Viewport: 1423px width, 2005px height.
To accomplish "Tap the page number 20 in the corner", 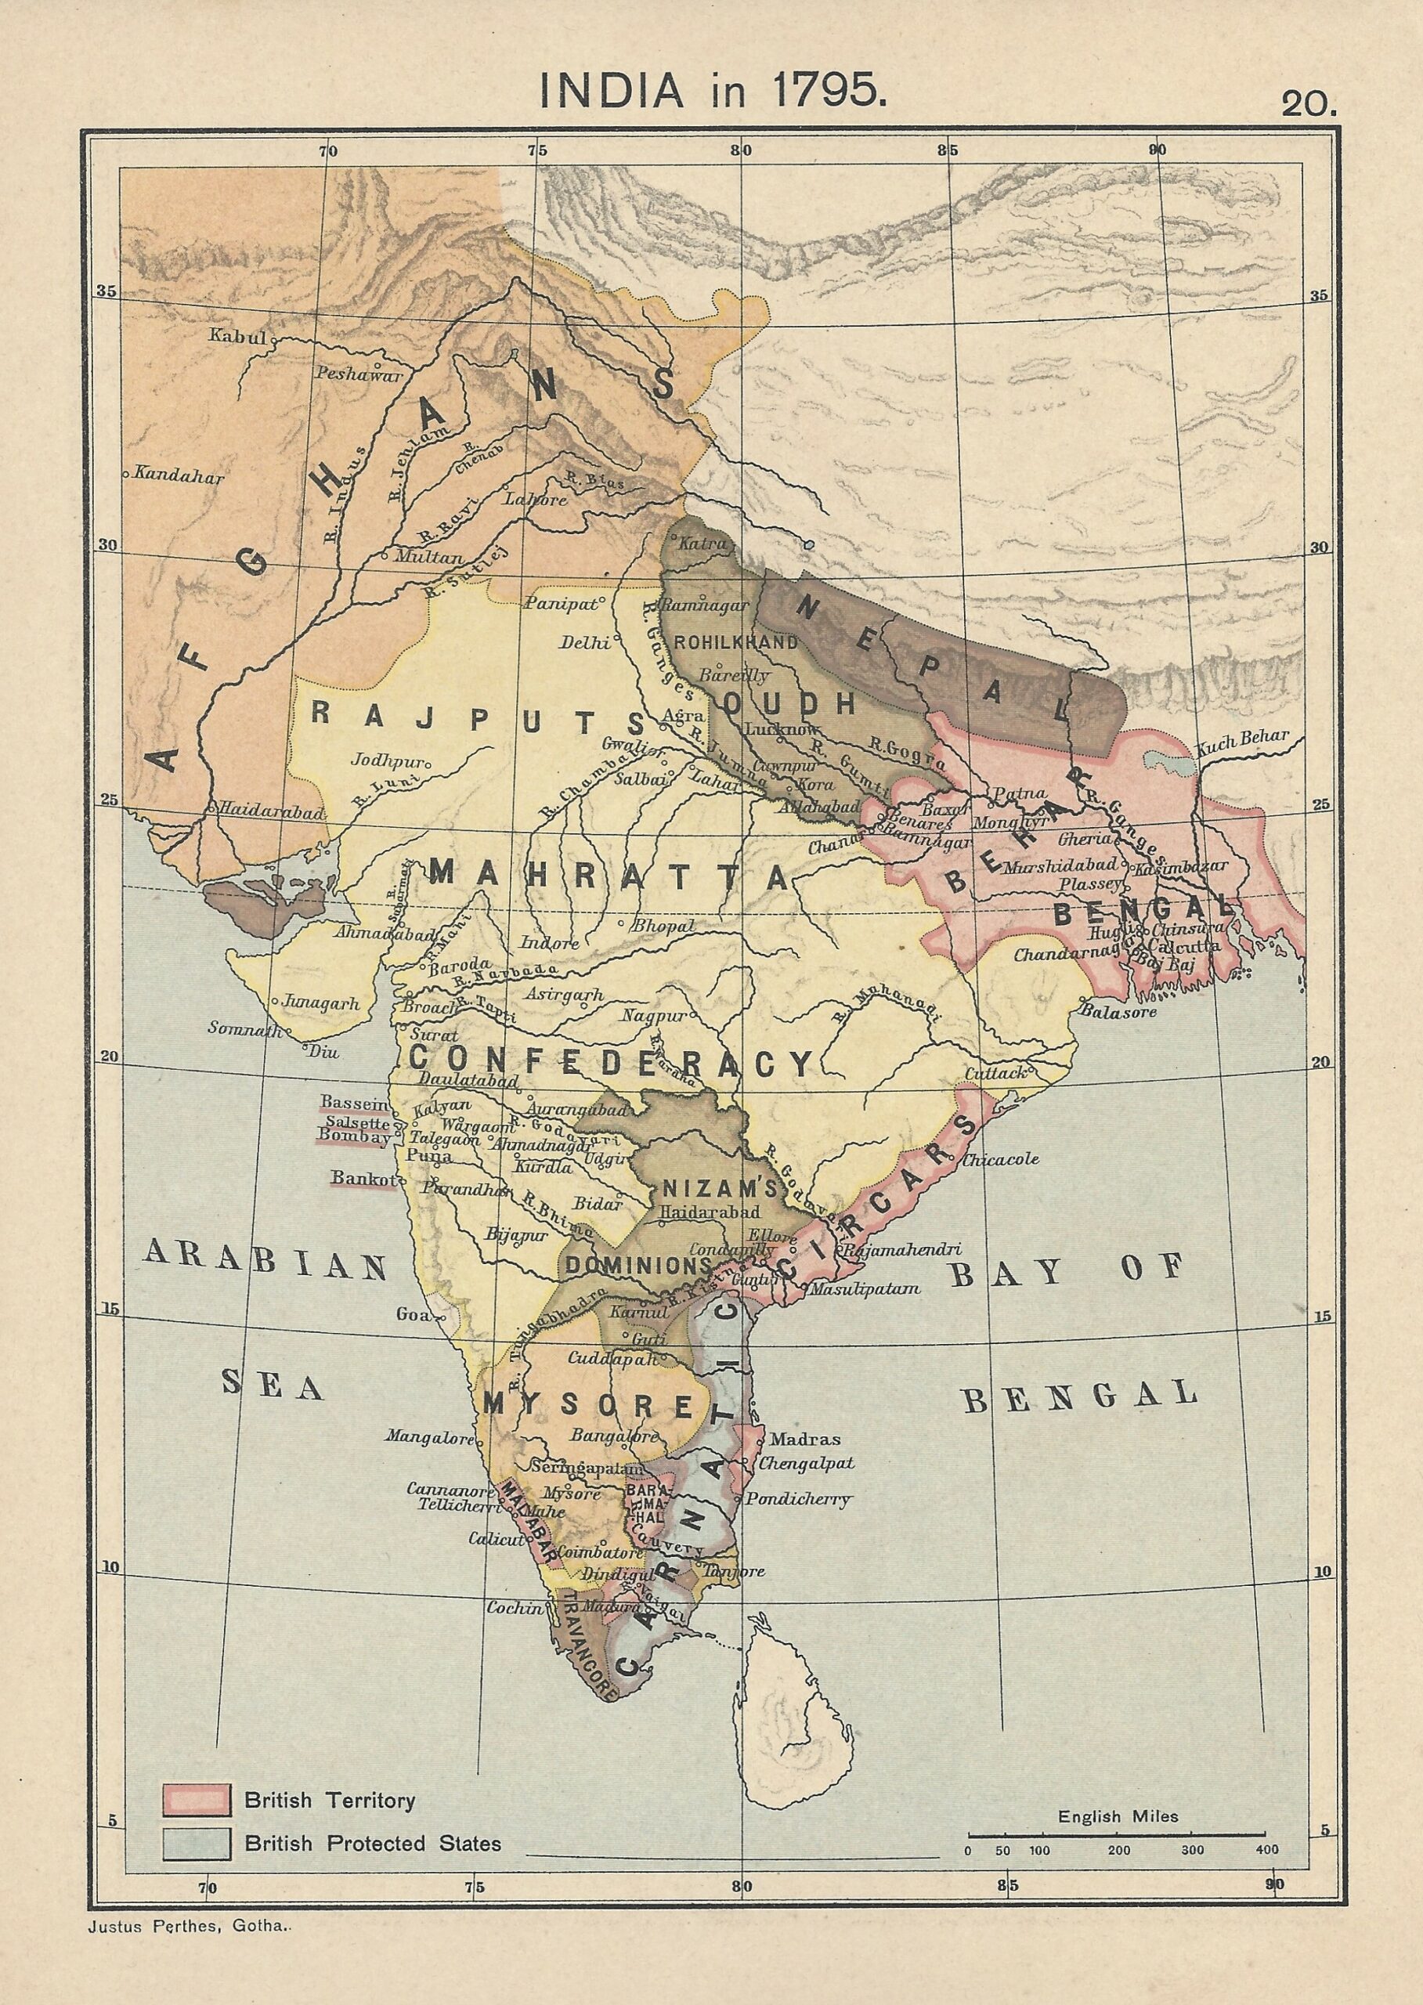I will point(1308,104).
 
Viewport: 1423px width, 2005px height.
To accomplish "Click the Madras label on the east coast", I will point(804,1438).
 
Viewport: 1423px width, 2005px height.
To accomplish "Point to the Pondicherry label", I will point(810,1499).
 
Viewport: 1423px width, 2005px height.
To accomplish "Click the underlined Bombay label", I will point(354,1137).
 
